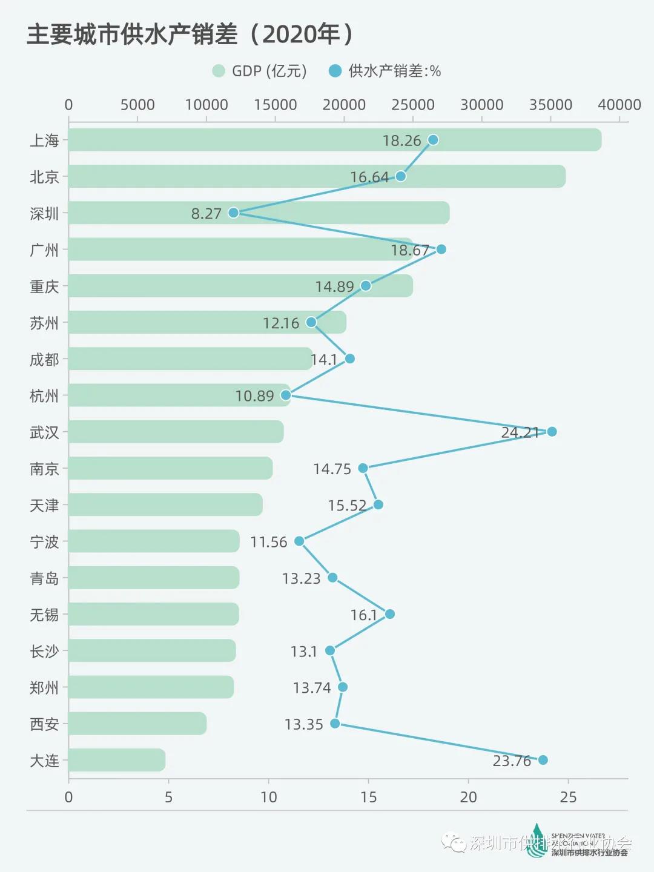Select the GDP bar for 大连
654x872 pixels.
(x=117, y=760)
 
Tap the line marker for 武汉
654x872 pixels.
(x=552, y=432)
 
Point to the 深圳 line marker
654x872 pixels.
(x=233, y=213)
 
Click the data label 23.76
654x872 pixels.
(x=512, y=761)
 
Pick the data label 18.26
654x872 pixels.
(x=401, y=140)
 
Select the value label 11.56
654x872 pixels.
(x=269, y=542)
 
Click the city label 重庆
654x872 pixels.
(x=44, y=286)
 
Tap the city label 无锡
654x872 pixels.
(x=44, y=615)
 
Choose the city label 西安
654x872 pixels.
(x=44, y=724)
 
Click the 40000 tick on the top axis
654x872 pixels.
(x=619, y=105)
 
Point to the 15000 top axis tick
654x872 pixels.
(x=276, y=105)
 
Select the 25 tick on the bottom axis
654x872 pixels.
(x=568, y=797)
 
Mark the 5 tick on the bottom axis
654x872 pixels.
(x=168, y=797)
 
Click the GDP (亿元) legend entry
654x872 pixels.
(x=260, y=71)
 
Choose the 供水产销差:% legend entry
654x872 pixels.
(x=385, y=71)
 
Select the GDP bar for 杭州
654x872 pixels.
(x=179, y=395)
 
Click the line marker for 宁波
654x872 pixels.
(x=299, y=541)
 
